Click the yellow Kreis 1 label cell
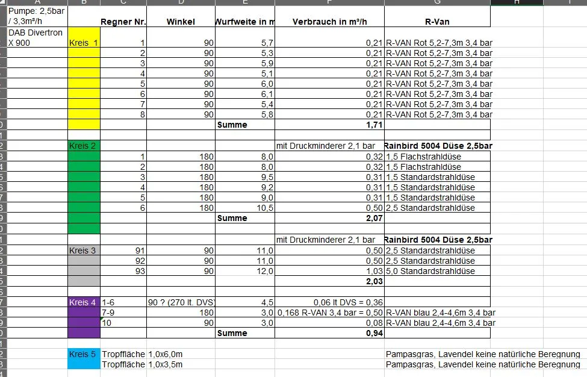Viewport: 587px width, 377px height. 83,43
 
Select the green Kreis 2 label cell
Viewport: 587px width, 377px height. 83,146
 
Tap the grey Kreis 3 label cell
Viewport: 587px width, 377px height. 83,251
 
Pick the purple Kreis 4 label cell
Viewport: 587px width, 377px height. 83,302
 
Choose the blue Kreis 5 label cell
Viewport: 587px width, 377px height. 83,354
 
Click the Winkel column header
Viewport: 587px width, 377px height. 181,22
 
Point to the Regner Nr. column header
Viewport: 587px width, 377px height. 123,22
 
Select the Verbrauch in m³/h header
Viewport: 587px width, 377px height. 329,22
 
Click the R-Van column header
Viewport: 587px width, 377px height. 437,22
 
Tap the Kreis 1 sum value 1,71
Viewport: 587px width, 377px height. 374,125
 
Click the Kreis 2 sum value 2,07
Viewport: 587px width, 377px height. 374,218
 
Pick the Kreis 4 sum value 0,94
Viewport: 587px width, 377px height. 374,333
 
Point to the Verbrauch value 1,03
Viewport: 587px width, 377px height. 373,271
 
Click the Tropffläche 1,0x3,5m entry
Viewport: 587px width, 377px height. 142,364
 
